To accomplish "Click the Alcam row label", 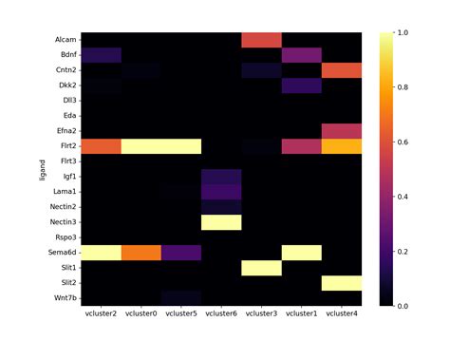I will (x=65, y=40).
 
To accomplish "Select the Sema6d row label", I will (x=62, y=253).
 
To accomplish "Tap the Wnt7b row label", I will (x=64, y=298).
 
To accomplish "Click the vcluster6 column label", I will (x=220, y=313).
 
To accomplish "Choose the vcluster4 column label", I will (x=341, y=313).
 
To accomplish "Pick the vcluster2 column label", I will (x=101, y=313).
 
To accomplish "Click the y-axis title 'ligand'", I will (x=42, y=169).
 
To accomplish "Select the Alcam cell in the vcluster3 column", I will (x=261, y=40).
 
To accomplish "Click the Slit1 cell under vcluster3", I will (x=261, y=268).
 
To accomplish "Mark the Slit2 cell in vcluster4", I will (x=341, y=283).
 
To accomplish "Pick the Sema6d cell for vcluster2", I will (x=101, y=253).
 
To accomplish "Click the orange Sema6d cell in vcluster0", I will (x=141, y=253).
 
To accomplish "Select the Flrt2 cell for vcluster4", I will (x=341, y=146).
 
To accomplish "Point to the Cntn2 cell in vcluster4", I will (x=341, y=70).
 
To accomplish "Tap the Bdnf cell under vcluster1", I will (x=301, y=55).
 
